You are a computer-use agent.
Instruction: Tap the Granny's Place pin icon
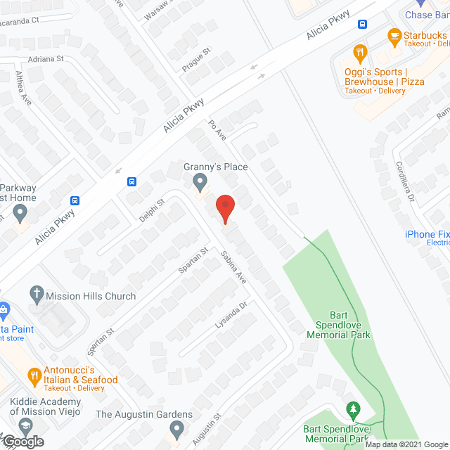point(200,184)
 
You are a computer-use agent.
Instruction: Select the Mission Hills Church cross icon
point(37,296)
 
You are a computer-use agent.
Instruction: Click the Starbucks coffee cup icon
point(394,34)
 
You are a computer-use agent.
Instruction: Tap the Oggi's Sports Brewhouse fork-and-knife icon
point(360,51)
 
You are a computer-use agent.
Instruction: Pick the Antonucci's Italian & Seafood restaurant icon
point(32,376)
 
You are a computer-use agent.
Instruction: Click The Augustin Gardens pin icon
point(176,428)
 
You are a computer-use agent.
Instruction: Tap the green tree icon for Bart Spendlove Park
point(353,409)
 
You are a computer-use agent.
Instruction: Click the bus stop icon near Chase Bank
point(363,24)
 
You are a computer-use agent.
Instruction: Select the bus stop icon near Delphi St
point(132,181)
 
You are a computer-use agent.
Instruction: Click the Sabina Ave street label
point(233,267)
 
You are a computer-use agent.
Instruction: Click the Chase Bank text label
point(427,15)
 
